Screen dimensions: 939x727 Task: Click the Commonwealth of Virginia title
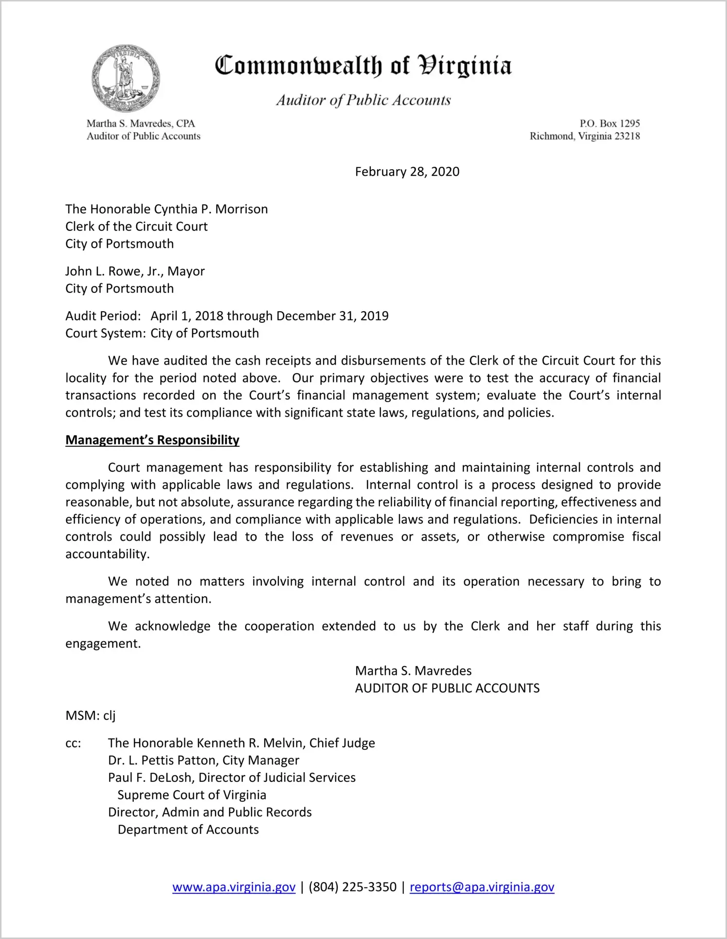click(363, 66)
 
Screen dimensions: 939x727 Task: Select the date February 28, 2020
click(407, 172)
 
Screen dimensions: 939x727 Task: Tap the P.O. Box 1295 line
click(609, 124)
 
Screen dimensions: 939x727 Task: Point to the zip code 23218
click(627, 136)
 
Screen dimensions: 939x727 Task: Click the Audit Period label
click(103, 316)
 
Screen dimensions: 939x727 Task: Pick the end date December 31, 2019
click(332, 316)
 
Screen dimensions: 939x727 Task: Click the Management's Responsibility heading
click(152, 440)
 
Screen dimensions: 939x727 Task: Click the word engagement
click(103, 644)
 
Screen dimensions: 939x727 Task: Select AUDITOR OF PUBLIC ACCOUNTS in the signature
click(447, 689)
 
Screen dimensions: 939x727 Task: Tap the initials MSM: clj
click(91, 716)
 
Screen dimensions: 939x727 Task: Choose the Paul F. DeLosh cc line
click(232, 778)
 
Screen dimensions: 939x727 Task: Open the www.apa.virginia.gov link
click(234, 887)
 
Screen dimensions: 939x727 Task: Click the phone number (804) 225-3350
click(352, 887)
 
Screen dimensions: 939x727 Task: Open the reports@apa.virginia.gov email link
click(482, 887)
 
